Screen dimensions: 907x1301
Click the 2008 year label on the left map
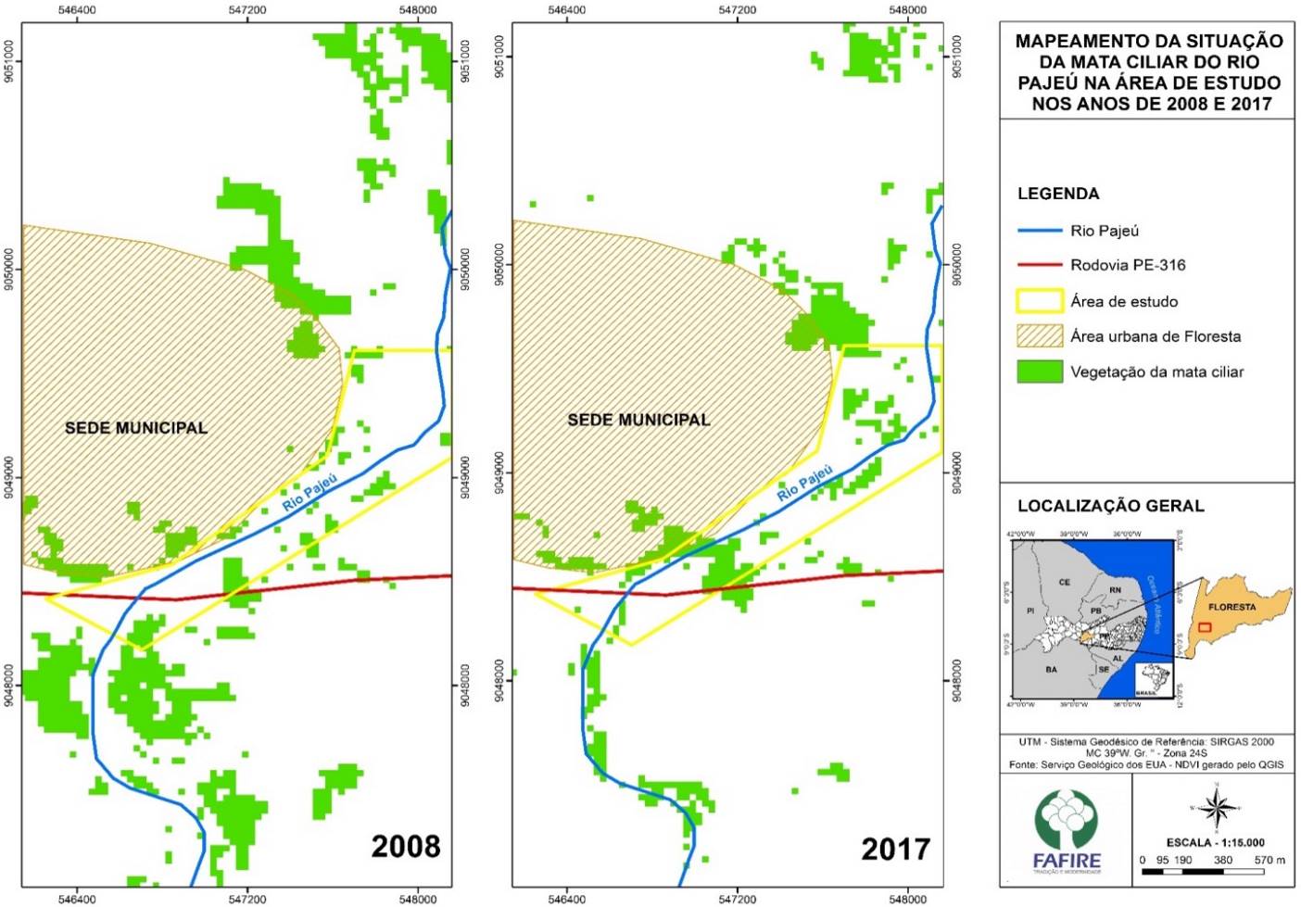pyautogui.click(x=405, y=846)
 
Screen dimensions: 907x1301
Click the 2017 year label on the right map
pyautogui.click(x=895, y=849)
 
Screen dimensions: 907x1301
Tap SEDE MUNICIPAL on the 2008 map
pyautogui.click(x=136, y=428)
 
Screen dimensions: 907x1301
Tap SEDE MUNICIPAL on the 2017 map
pyautogui.click(x=638, y=420)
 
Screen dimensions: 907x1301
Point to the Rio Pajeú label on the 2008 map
pyautogui.click(x=309, y=492)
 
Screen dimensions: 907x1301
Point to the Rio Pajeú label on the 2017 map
pyautogui.click(x=804, y=482)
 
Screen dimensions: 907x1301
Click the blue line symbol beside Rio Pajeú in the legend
pyautogui.click(x=1039, y=231)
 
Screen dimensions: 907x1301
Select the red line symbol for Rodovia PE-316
pyautogui.click(x=1039, y=265)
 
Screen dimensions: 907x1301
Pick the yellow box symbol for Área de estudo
pyautogui.click(x=1039, y=301)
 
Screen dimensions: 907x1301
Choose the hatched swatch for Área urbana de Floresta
pyautogui.click(x=1039, y=336)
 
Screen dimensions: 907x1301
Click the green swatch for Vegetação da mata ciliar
pyautogui.click(x=1039, y=372)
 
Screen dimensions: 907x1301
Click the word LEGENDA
pyautogui.click(x=1058, y=194)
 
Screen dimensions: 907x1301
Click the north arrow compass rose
pyautogui.click(x=1215, y=807)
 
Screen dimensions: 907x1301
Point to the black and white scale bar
pyautogui.click(x=1213, y=872)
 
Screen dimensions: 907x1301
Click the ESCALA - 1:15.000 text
pyautogui.click(x=1215, y=842)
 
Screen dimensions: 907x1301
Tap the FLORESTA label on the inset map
pyautogui.click(x=1232, y=608)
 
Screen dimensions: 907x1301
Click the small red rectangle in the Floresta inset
pyautogui.click(x=1204, y=627)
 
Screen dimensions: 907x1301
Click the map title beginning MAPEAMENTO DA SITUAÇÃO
pyautogui.click(x=1148, y=72)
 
